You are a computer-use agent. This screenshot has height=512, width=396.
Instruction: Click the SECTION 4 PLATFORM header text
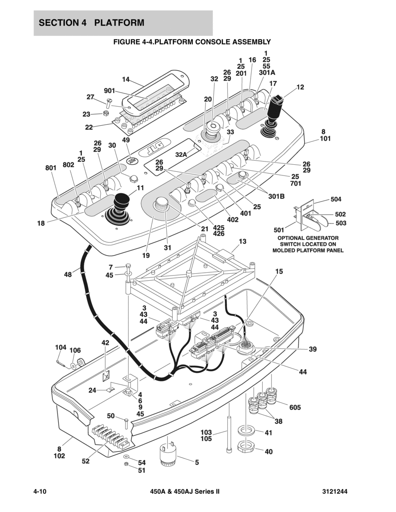coord(92,23)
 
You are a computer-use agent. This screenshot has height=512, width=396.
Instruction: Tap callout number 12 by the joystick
coord(300,87)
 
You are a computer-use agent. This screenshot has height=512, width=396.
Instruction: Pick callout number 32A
coord(181,154)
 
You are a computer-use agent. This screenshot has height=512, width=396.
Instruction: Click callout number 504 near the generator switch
coord(336,199)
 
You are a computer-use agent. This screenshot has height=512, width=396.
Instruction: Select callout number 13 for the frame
coord(242,242)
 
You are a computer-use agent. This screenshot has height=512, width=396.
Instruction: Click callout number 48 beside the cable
coord(68,275)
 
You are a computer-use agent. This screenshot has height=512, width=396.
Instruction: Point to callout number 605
coord(295,407)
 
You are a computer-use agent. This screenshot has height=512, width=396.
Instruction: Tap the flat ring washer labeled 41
coord(246,429)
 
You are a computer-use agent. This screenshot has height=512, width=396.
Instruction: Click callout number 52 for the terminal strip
coord(85,461)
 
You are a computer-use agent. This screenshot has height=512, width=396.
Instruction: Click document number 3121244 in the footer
coord(335,492)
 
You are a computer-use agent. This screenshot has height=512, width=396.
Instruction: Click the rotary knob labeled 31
coord(162,203)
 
